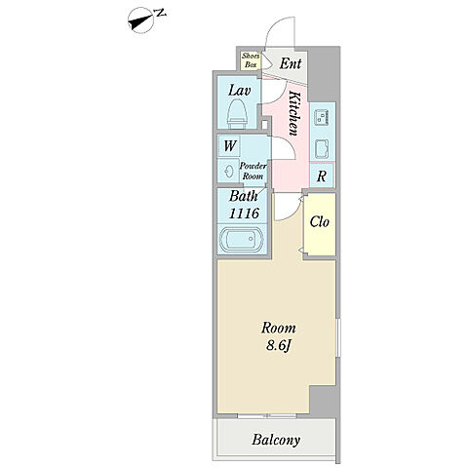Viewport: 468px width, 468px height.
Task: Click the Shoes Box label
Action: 251,60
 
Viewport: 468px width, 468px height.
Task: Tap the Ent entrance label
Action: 291,63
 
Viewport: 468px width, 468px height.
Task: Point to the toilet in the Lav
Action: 237,114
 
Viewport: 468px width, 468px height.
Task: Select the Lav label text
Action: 239,91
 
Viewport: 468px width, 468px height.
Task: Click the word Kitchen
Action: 293,113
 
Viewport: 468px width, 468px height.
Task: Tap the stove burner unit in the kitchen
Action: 323,117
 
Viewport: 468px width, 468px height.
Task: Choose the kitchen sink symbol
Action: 322,148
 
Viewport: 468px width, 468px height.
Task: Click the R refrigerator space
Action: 322,175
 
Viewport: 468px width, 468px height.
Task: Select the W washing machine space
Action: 229,145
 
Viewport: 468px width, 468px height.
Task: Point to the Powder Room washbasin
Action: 229,171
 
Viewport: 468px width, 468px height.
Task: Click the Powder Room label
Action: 253,171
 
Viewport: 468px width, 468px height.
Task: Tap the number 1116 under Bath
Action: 244,214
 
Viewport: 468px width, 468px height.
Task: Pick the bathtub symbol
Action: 242,239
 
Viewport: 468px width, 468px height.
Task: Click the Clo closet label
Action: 320,222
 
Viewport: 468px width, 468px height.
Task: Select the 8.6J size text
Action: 278,345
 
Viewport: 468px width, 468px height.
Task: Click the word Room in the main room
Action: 279,328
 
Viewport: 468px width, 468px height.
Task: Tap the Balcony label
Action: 276,441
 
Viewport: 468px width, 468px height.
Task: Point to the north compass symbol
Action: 141,22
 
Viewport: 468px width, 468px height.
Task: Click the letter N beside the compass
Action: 161,14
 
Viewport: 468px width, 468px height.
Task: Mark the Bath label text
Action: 244,196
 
